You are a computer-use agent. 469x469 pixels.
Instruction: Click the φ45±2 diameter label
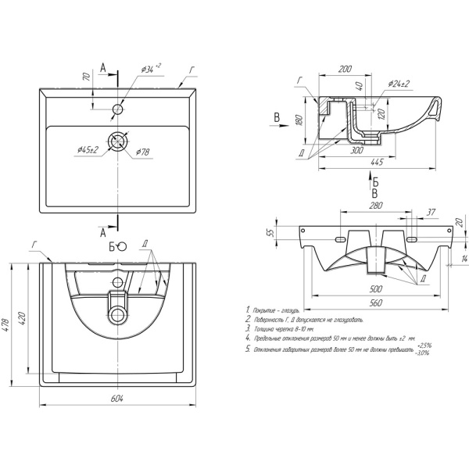coord(88,149)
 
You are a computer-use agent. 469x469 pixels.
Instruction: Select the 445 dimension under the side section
coord(374,162)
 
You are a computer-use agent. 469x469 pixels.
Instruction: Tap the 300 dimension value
coord(356,150)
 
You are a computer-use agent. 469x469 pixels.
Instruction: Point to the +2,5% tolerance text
coord(424,345)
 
